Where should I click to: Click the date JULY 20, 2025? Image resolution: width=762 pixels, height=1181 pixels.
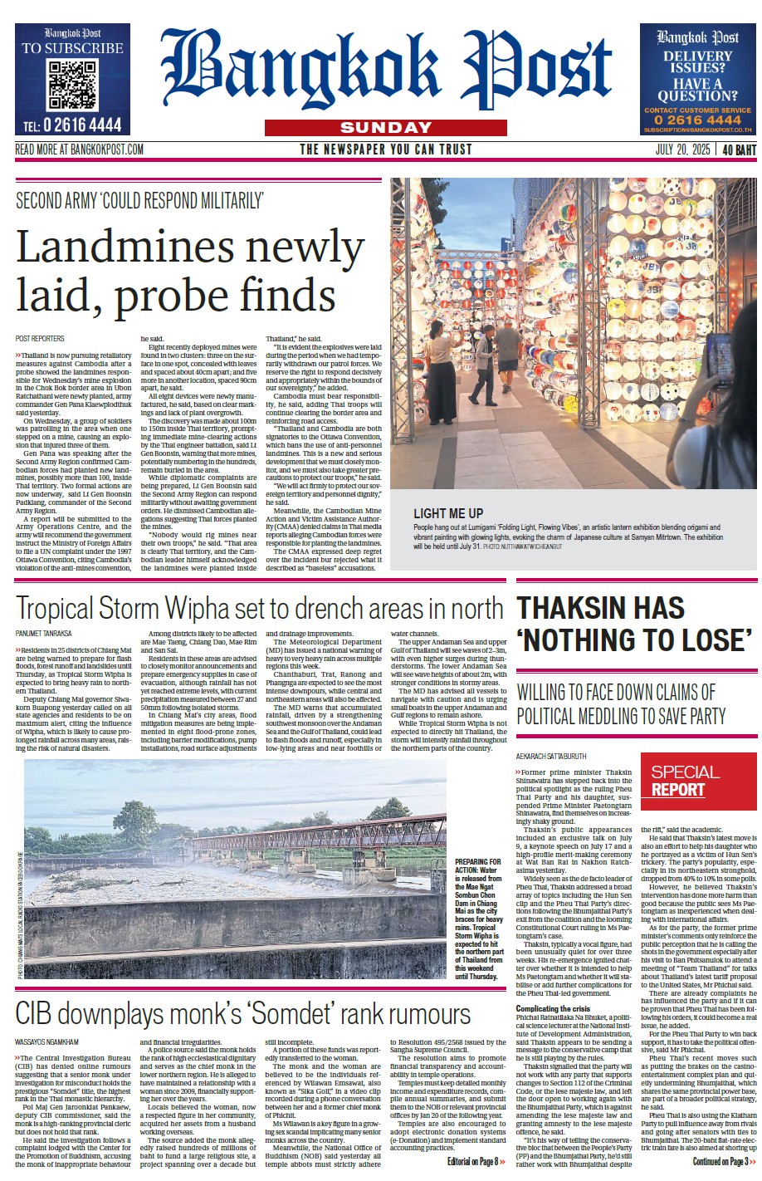(x=682, y=150)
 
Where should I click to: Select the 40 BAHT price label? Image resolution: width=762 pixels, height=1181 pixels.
(x=739, y=150)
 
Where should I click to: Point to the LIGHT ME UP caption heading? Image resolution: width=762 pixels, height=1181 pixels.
(x=447, y=513)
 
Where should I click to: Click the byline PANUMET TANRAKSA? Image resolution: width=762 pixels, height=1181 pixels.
(x=44, y=634)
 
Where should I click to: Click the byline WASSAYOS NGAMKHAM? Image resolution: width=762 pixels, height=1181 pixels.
(x=47, y=1041)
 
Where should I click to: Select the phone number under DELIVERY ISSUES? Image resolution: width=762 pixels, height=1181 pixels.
(x=697, y=120)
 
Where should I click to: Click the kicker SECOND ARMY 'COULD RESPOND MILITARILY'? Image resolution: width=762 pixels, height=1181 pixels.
(x=140, y=200)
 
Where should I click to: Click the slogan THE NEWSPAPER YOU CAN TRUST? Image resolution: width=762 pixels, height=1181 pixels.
(x=385, y=150)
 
